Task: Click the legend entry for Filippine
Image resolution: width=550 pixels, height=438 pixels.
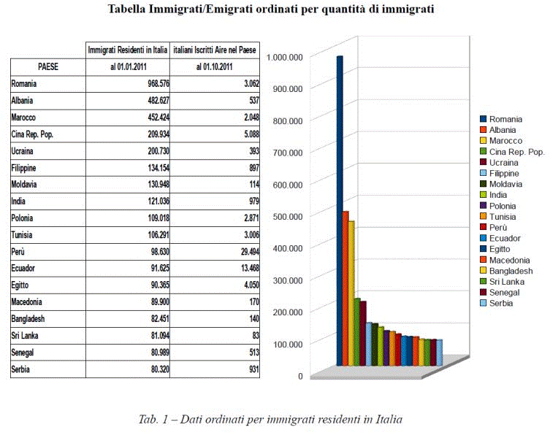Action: [503, 174]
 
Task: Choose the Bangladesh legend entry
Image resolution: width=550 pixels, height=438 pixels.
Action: [509, 271]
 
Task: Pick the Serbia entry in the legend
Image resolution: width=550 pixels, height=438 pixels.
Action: [500, 303]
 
